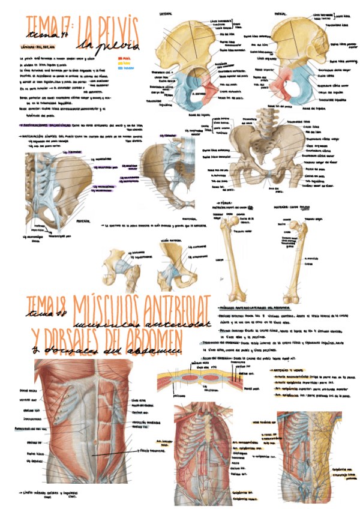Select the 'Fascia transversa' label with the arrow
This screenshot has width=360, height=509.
(151, 450)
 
